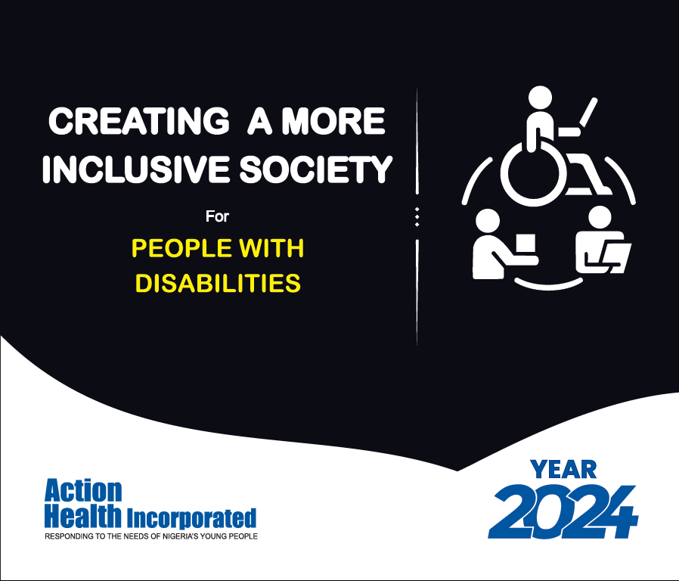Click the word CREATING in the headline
[138, 121]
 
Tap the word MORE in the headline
[333, 121]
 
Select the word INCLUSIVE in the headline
[135, 169]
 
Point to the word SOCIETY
[316, 169]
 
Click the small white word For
[217, 216]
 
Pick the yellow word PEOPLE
[181, 248]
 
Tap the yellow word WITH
[271, 248]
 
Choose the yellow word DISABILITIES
[218, 283]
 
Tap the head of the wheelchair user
[540, 98]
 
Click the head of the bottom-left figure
[488, 221]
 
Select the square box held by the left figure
[526, 245]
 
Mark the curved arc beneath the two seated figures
[549, 285]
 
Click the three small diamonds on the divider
[417, 216]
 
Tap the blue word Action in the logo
[83, 491]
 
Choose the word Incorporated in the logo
[191, 518]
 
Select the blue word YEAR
[563, 470]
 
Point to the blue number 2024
[563, 511]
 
